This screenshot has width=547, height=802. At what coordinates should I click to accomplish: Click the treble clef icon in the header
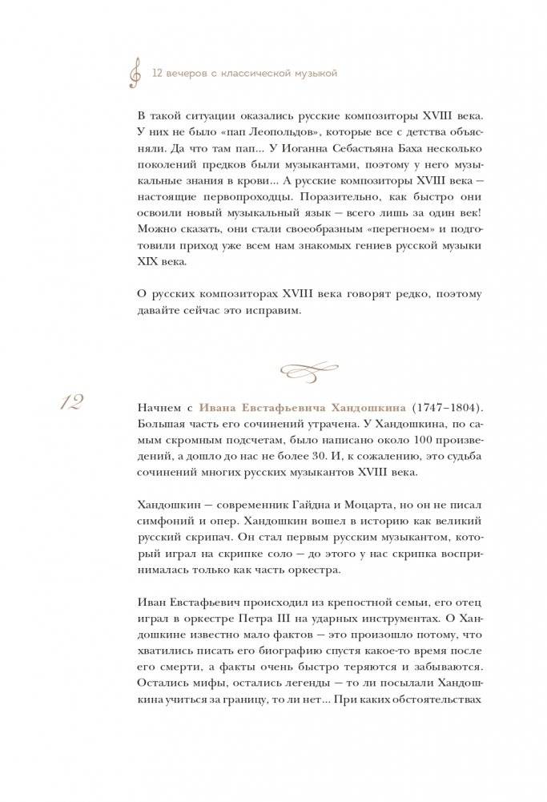tap(135, 74)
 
